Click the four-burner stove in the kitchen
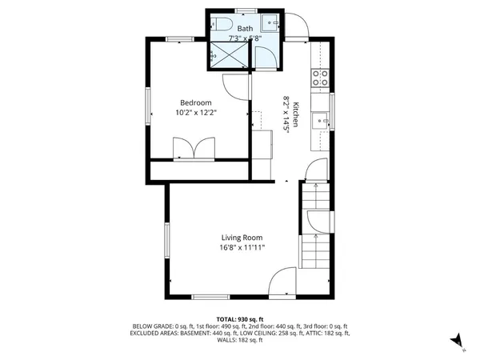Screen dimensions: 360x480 click(x=320, y=78)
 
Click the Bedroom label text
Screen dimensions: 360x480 click(x=195, y=102)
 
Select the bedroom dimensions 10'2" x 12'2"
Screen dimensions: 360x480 click(x=196, y=113)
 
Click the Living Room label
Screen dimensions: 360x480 click(x=242, y=238)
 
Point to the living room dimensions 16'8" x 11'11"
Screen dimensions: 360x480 click(x=242, y=248)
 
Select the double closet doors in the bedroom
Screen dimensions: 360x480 click(x=194, y=148)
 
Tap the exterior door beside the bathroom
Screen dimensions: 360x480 click(x=297, y=26)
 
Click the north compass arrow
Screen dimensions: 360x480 click(x=457, y=341)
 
